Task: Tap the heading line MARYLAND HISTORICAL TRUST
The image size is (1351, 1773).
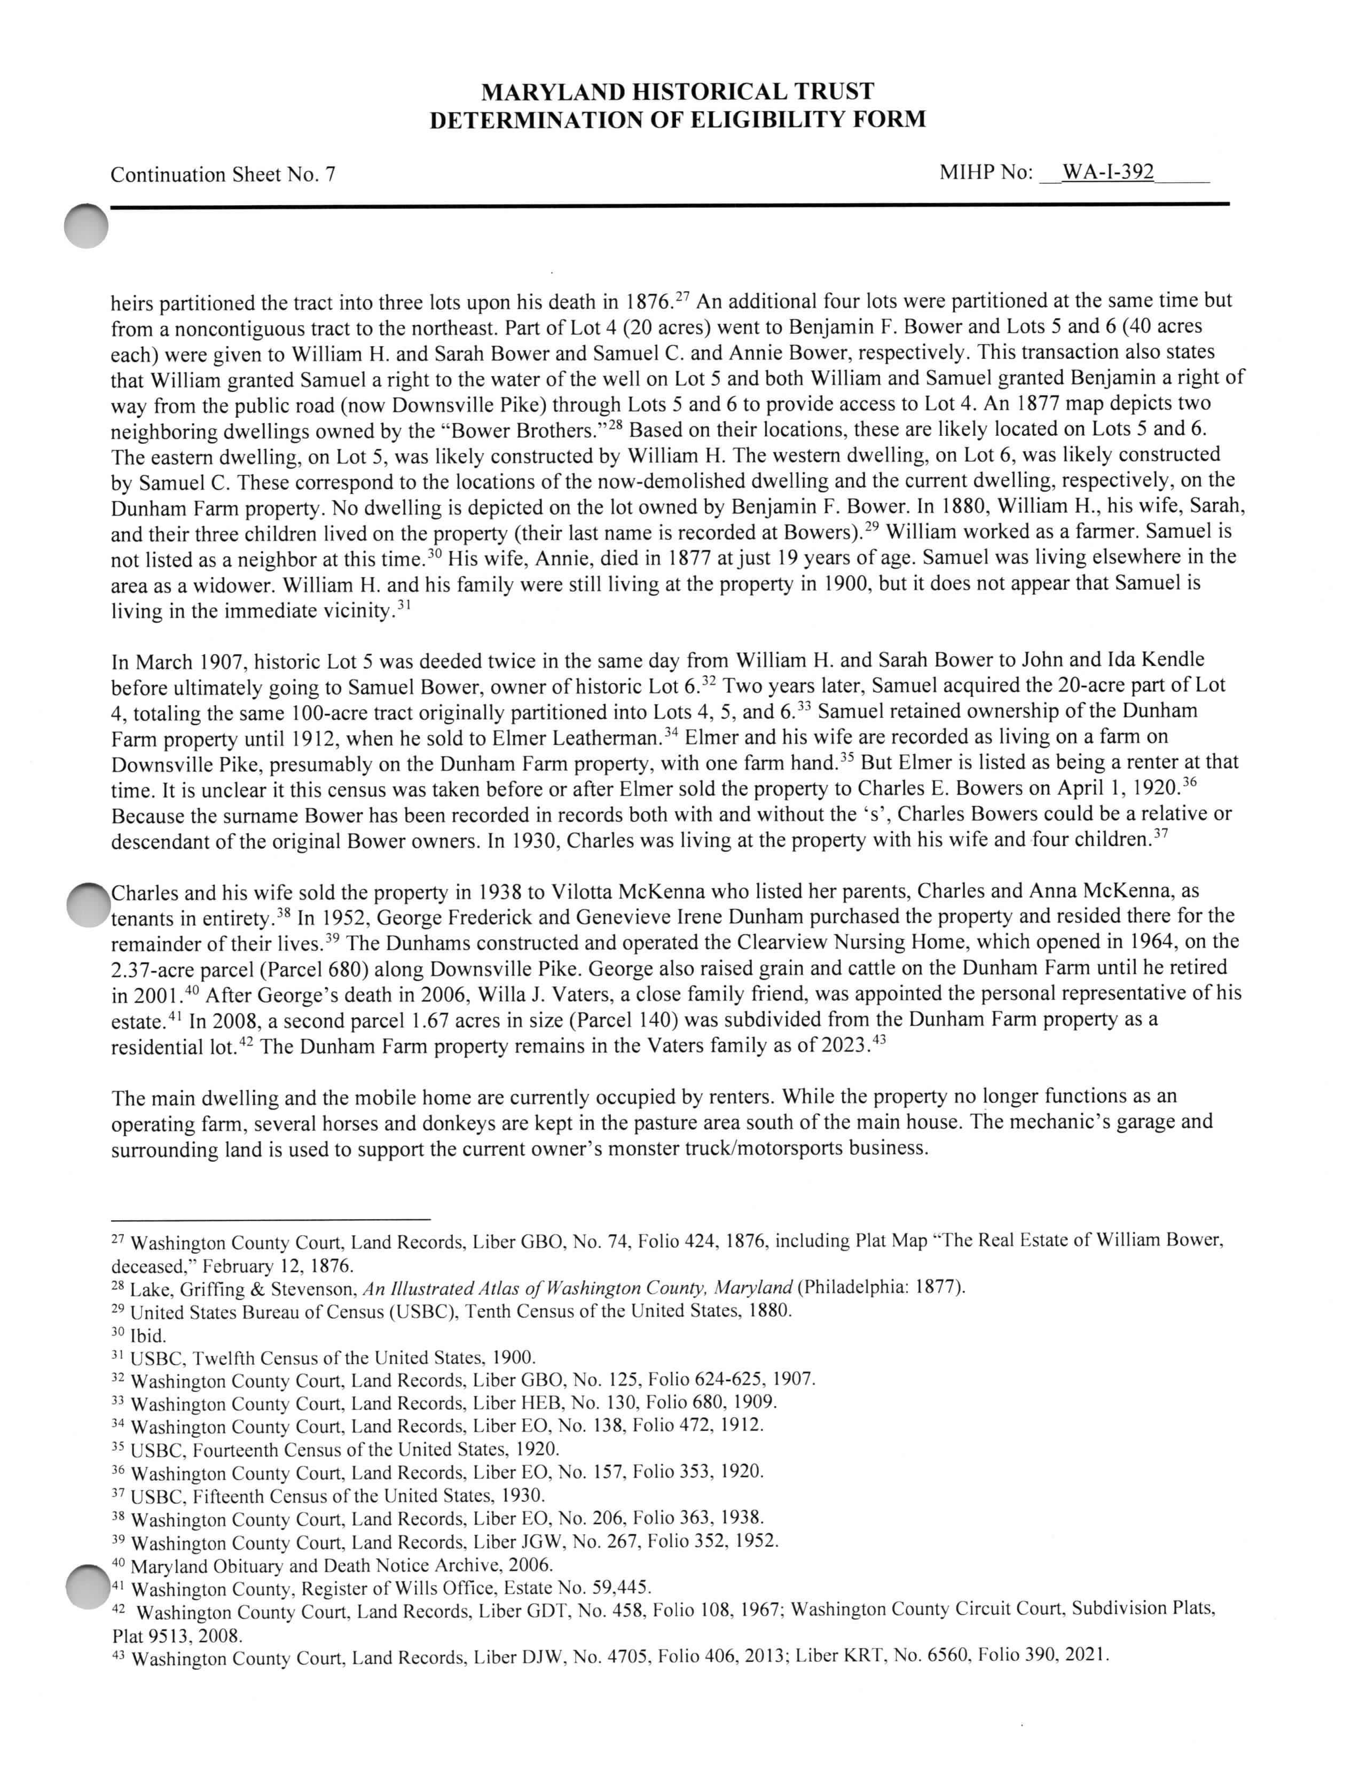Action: tap(677, 92)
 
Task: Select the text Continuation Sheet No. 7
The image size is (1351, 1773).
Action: tap(223, 175)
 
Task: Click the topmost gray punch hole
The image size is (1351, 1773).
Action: tap(86, 226)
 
